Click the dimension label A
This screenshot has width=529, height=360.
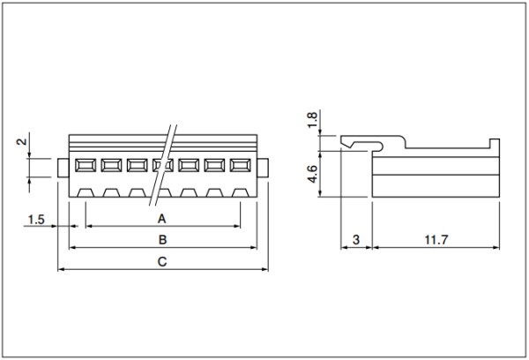point(162,219)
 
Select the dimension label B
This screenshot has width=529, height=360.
point(162,240)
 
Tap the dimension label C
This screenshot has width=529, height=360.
point(162,262)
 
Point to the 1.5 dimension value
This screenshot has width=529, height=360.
point(36,220)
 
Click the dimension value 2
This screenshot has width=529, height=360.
point(21,141)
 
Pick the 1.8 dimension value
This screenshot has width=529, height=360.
point(312,119)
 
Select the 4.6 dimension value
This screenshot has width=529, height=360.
point(312,174)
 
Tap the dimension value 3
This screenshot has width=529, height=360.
point(356,240)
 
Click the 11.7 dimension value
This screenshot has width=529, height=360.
point(436,240)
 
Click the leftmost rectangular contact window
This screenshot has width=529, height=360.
point(86,166)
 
